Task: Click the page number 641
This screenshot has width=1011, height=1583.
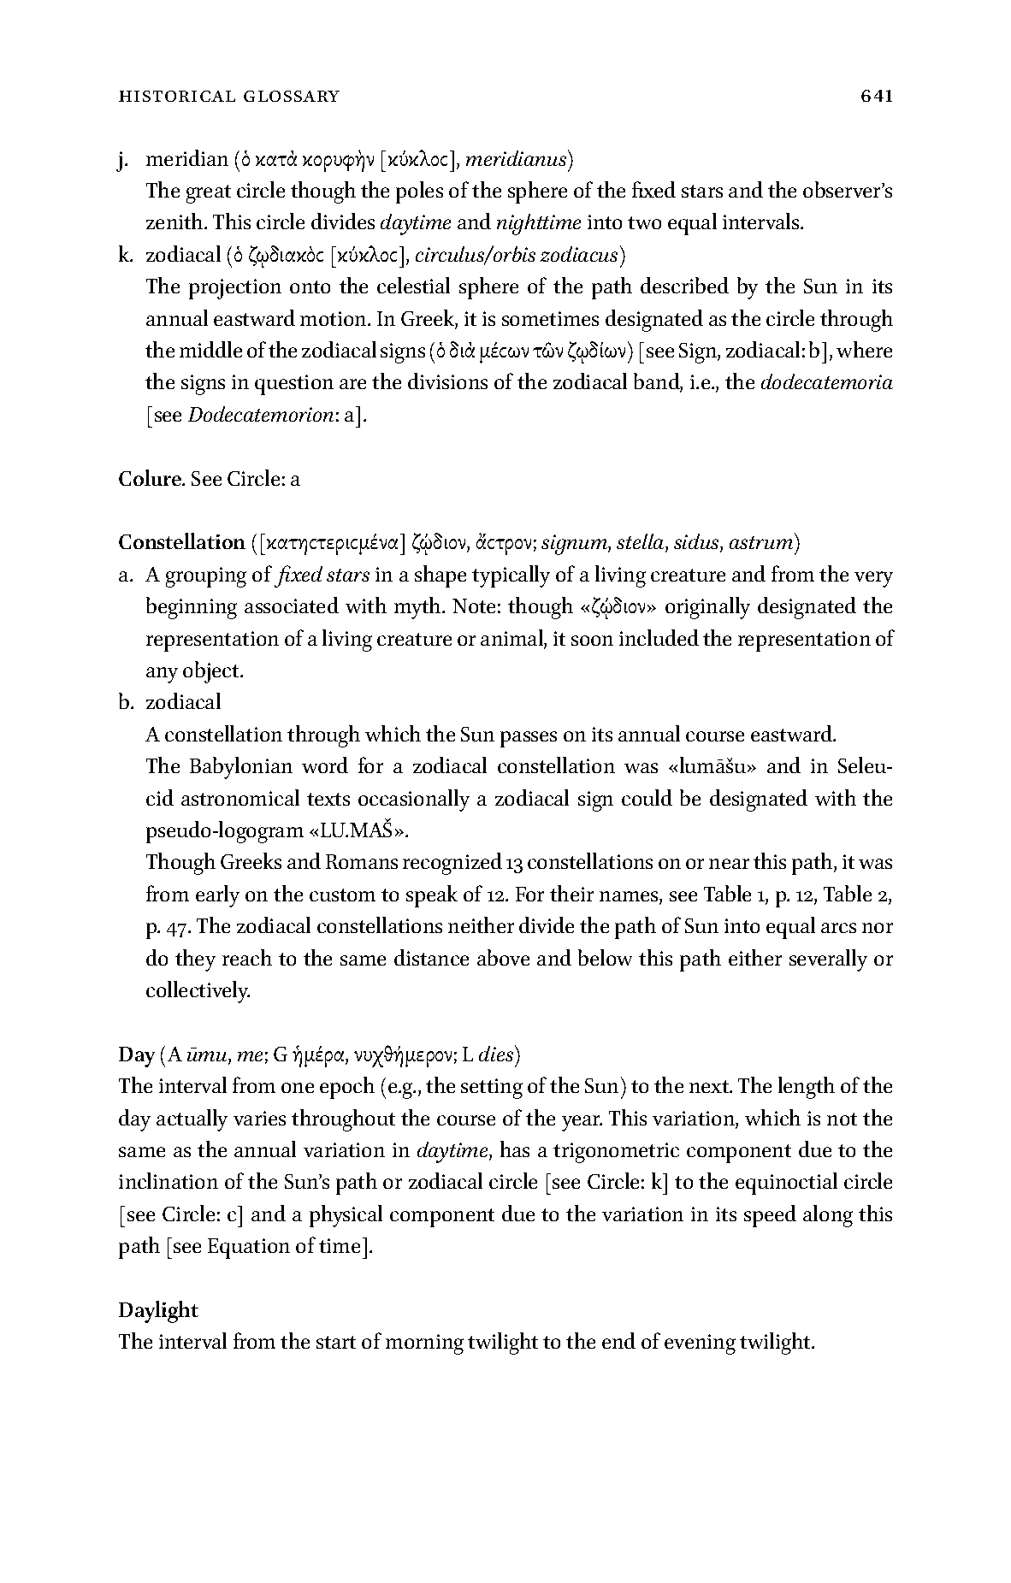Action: click(x=877, y=96)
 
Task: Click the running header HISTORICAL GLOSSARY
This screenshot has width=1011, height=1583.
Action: click(x=228, y=97)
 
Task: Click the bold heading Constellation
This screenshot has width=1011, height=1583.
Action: click(x=181, y=542)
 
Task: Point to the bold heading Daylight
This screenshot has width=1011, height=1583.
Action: click(x=158, y=1310)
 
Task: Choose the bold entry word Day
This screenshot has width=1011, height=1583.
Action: click(x=136, y=1054)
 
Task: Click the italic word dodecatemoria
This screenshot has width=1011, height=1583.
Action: click(x=826, y=383)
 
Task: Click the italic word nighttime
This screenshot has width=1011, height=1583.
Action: click(x=539, y=223)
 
